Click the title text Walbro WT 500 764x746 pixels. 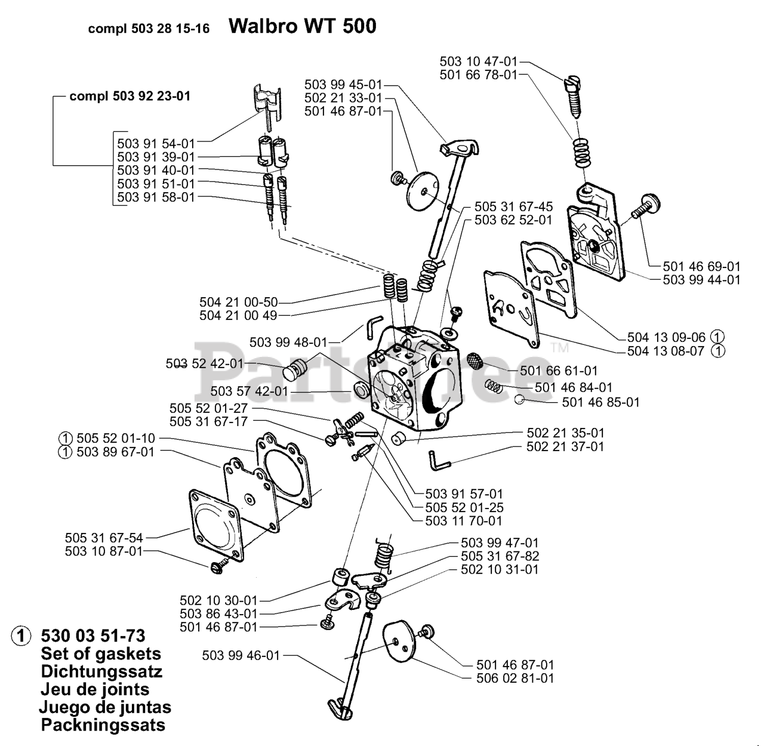tap(302, 26)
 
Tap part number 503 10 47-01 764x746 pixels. tap(479, 61)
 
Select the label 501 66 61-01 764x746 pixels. tap(559, 370)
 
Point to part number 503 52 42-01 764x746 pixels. tap(205, 363)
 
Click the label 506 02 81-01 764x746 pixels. tap(515, 678)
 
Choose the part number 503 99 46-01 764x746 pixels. tap(241, 655)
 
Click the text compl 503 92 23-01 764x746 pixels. tap(130, 96)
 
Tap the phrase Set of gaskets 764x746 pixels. tap(101, 653)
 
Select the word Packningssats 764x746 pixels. tap(103, 725)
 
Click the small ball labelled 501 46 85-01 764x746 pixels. tap(519, 399)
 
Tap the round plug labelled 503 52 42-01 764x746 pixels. tap(295, 369)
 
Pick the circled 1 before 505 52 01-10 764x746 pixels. tap(66, 438)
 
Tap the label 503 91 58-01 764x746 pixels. tap(156, 197)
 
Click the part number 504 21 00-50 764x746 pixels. tap(238, 303)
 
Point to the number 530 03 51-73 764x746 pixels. tap(93, 636)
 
